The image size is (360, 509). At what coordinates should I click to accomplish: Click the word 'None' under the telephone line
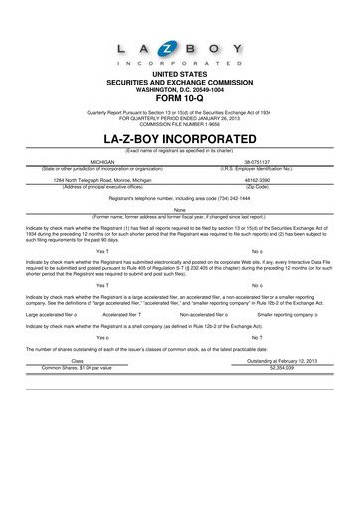click(180, 210)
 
